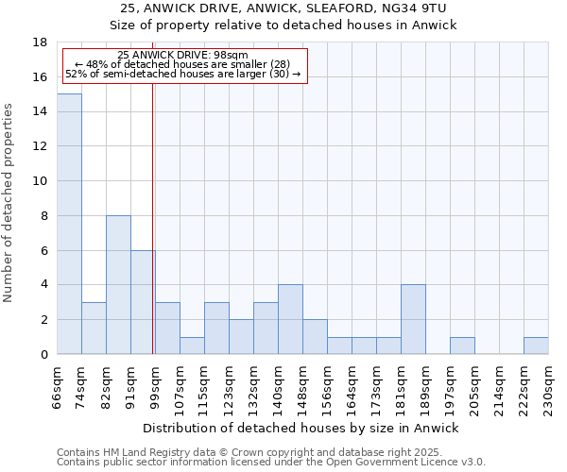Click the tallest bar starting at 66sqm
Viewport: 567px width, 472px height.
click(69, 224)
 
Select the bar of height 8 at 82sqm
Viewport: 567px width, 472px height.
click(118, 285)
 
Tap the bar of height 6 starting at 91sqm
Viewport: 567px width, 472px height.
click(143, 302)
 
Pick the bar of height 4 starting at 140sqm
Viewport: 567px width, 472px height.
click(290, 320)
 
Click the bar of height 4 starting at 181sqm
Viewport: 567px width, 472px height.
click(413, 320)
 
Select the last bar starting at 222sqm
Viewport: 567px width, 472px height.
click(536, 346)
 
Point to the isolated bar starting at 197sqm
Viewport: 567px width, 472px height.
click(462, 346)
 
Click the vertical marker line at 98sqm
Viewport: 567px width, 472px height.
click(153, 227)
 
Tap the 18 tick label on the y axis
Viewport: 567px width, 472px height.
click(40, 42)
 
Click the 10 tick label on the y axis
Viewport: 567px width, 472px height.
click(40, 181)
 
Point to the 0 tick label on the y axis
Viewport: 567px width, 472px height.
click(43, 355)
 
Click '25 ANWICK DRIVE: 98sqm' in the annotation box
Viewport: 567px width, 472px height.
click(183, 56)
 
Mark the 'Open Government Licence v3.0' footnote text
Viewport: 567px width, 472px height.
click(405, 463)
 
